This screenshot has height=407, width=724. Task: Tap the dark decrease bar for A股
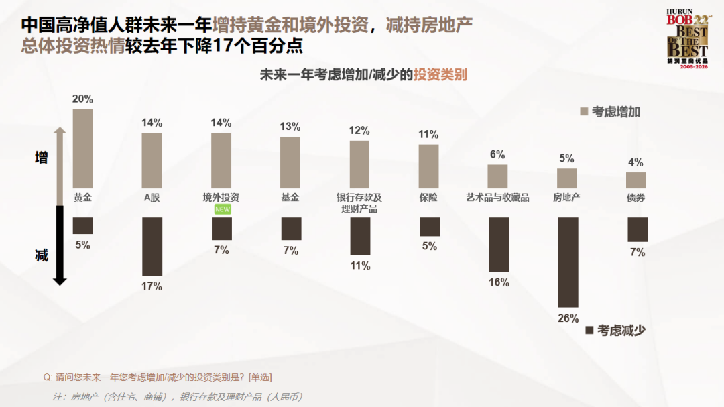(152, 246)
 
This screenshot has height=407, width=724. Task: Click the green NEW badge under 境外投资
(222, 210)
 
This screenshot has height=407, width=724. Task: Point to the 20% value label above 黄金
(82, 99)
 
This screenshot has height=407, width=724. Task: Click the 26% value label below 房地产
(568, 318)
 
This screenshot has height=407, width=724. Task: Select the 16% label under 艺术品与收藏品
(499, 282)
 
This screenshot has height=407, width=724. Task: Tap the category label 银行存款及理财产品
(359, 203)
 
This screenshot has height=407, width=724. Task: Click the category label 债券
(636, 198)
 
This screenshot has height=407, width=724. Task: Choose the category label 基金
(290, 198)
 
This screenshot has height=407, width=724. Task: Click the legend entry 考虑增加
(610, 112)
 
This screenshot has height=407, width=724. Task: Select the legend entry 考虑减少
(615, 330)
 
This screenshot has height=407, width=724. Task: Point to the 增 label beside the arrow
(42, 158)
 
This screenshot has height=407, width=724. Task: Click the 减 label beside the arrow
(42, 255)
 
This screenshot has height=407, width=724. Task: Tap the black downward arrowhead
(60, 280)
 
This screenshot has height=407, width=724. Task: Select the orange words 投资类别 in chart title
(440, 74)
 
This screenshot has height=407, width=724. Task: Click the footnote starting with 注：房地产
(178, 396)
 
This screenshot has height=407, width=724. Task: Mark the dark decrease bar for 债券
(638, 229)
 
